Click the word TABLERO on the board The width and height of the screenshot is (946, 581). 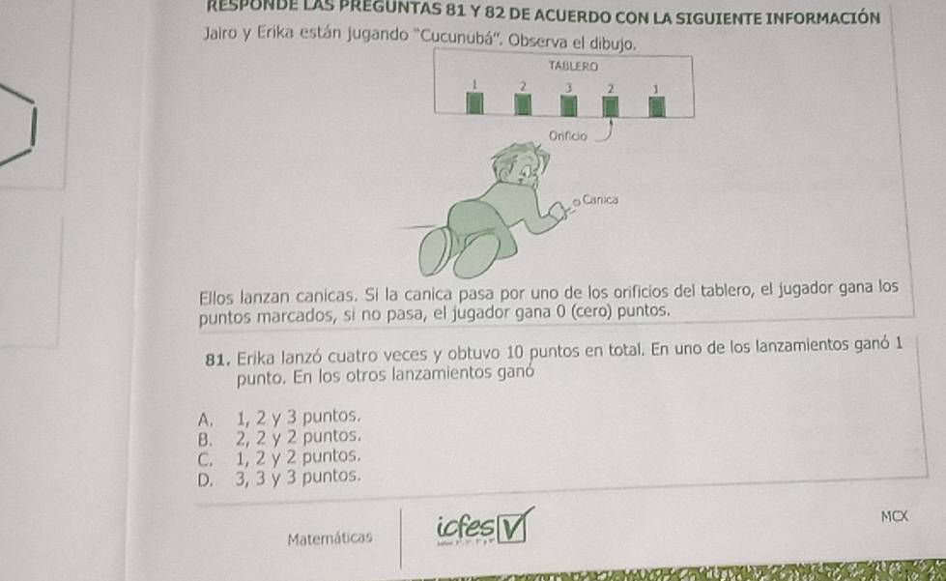pos(573,66)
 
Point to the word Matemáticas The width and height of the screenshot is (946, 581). pos(330,537)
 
